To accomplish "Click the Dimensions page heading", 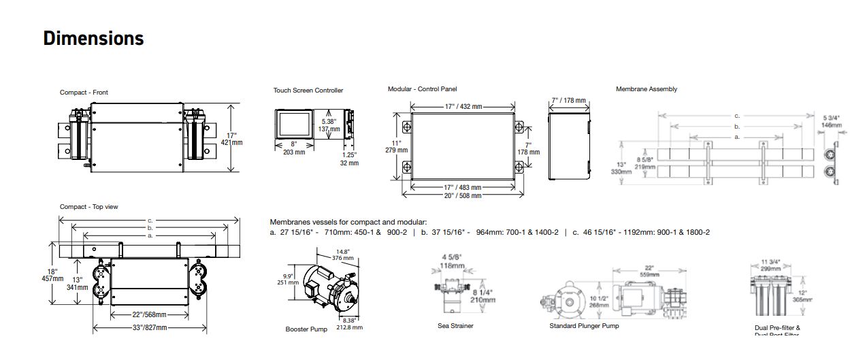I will [93, 38].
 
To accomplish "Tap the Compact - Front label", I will [84, 93].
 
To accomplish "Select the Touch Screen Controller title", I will [308, 91].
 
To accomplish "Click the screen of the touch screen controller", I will [295, 125].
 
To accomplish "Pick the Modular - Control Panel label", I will [422, 89].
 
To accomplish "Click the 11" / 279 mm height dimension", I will [397, 146].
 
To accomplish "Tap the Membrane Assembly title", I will [647, 89].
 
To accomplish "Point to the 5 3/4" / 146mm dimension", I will [832, 121].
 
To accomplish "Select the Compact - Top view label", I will [88, 207].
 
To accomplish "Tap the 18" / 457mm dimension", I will [53, 274].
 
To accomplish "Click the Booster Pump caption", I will [306, 329].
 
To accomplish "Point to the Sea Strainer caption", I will [455, 326].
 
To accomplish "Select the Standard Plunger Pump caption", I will [584, 326].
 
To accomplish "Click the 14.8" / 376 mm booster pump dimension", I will [343, 255].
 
